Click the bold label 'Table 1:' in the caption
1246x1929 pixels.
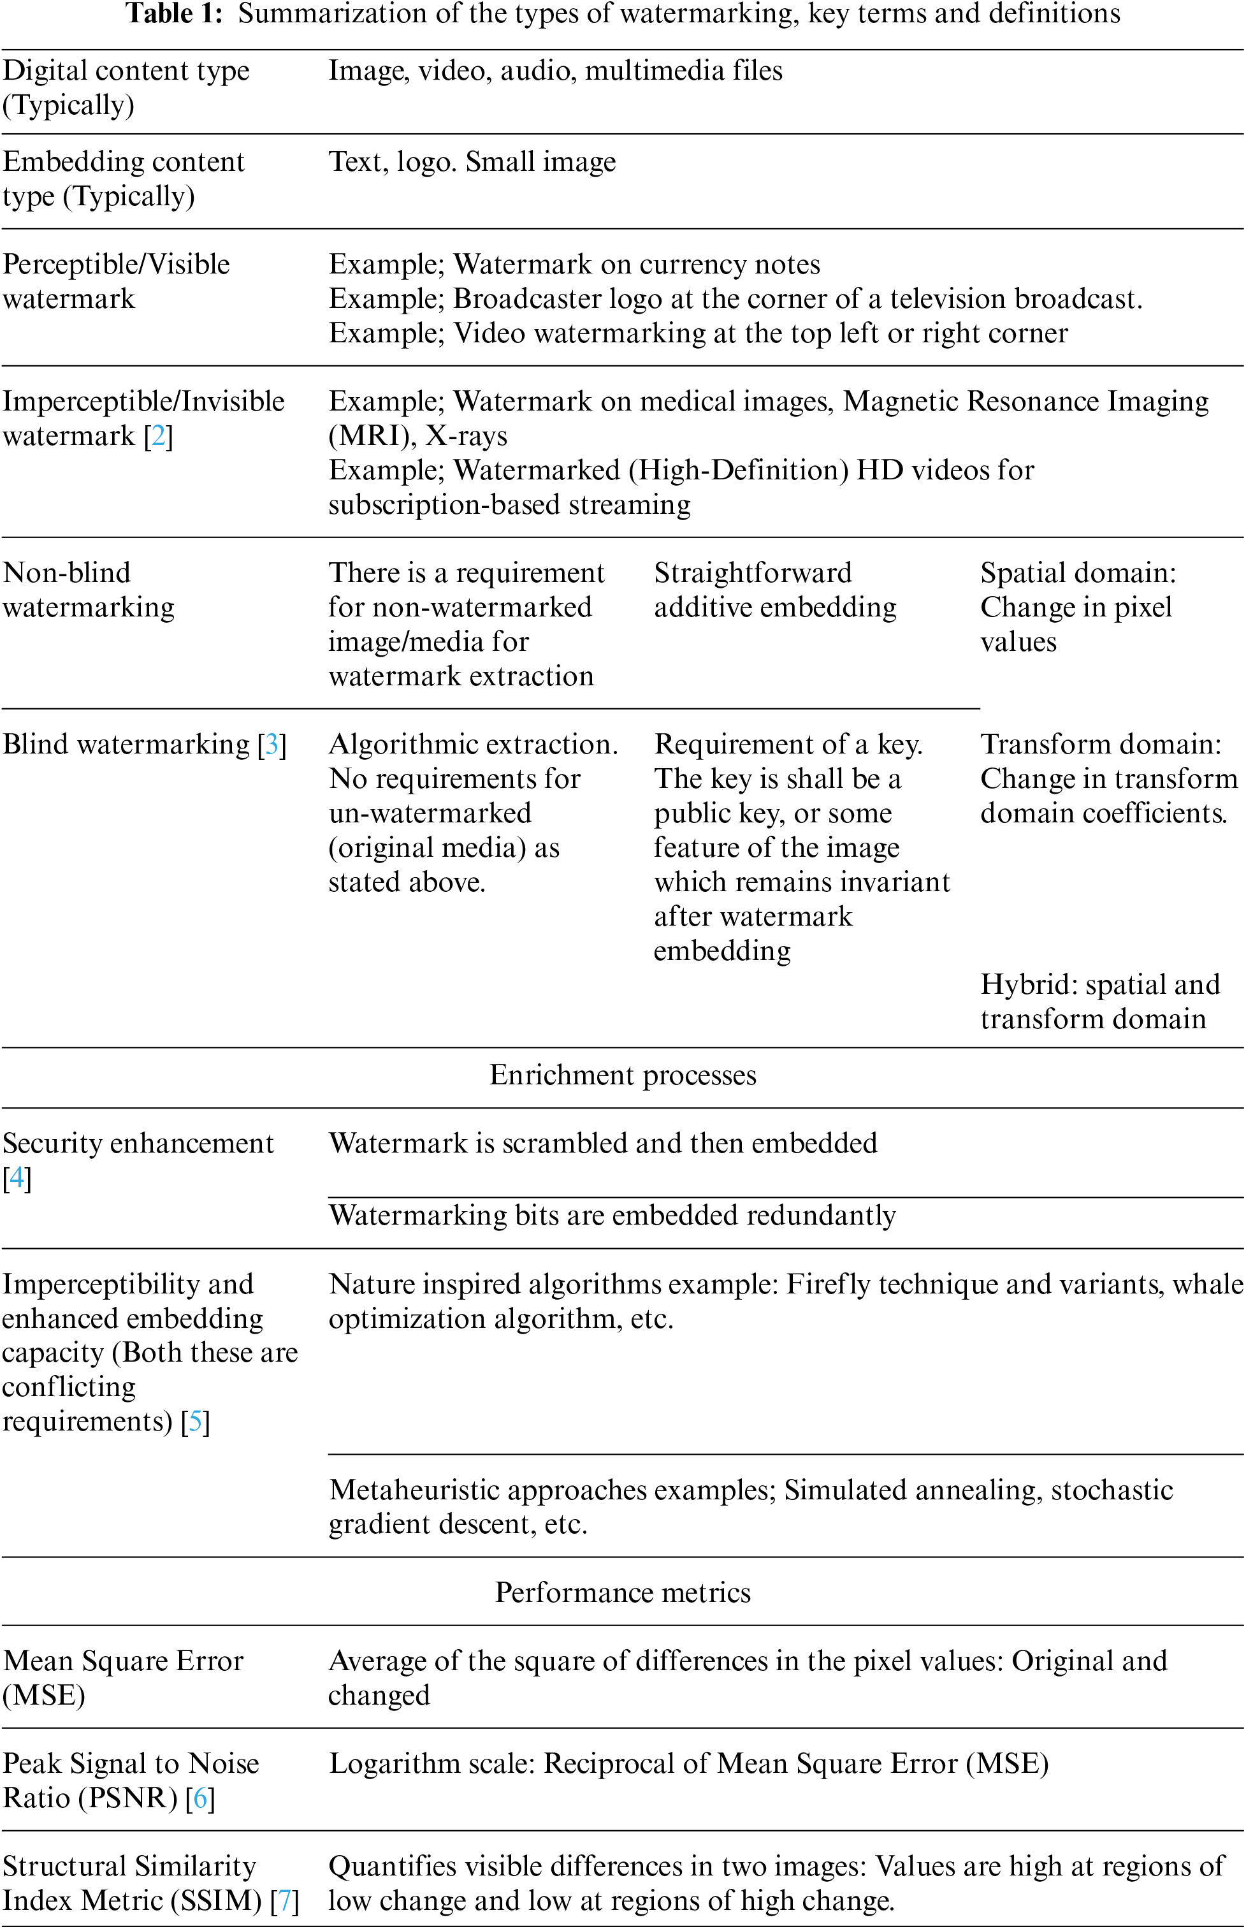pos(173,14)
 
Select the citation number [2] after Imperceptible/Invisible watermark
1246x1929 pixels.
pos(159,436)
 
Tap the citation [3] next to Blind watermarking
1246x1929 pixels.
pos(272,745)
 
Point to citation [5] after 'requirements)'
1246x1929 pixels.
pos(195,1422)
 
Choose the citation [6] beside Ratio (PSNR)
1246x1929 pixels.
pos(200,1798)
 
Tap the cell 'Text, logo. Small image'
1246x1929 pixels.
pos(472,162)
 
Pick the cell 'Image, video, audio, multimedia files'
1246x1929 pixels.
pos(555,71)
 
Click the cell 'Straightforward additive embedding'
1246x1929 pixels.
pos(774,590)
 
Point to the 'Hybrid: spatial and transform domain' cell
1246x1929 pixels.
pos(1099,1001)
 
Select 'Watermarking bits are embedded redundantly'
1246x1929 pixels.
pos(612,1215)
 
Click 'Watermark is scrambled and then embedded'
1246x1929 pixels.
pos(603,1144)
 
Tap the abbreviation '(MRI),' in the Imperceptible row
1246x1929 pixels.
pos(372,436)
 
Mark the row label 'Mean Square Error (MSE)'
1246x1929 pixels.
pos(123,1677)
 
